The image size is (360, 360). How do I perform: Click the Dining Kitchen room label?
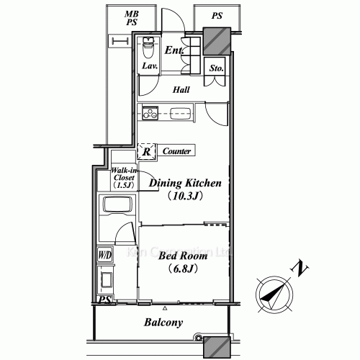(184, 183)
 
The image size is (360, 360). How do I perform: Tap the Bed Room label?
(183, 256)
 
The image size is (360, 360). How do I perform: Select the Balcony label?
(162, 323)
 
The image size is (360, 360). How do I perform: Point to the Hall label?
(181, 90)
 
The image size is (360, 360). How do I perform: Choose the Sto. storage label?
(216, 69)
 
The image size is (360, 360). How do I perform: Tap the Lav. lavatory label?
(149, 66)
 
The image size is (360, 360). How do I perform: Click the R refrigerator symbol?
(146, 151)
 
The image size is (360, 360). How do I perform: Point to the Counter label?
(176, 151)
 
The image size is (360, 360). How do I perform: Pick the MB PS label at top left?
(131, 19)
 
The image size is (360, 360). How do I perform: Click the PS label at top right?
(216, 15)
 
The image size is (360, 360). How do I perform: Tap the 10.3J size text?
(184, 195)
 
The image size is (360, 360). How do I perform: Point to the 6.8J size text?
(183, 269)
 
